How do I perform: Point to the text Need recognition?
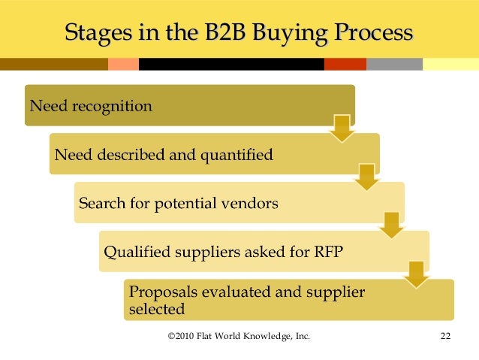pyautogui.click(x=90, y=105)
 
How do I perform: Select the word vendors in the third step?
pyautogui.click(x=252, y=204)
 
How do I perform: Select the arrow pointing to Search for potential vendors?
pyautogui.click(x=366, y=177)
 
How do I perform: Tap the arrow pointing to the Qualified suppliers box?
pyautogui.click(x=391, y=224)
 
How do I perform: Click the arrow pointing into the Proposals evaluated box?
pyautogui.click(x=416, y=273)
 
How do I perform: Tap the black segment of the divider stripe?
pyautogui.click(x=224, y=65)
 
